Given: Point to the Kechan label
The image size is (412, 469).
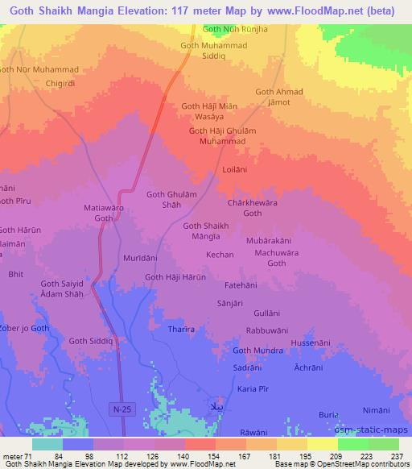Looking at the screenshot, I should [220, 255].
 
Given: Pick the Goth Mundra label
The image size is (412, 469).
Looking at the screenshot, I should [257, 351].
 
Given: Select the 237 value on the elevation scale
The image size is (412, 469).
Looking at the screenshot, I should [397, 456].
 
